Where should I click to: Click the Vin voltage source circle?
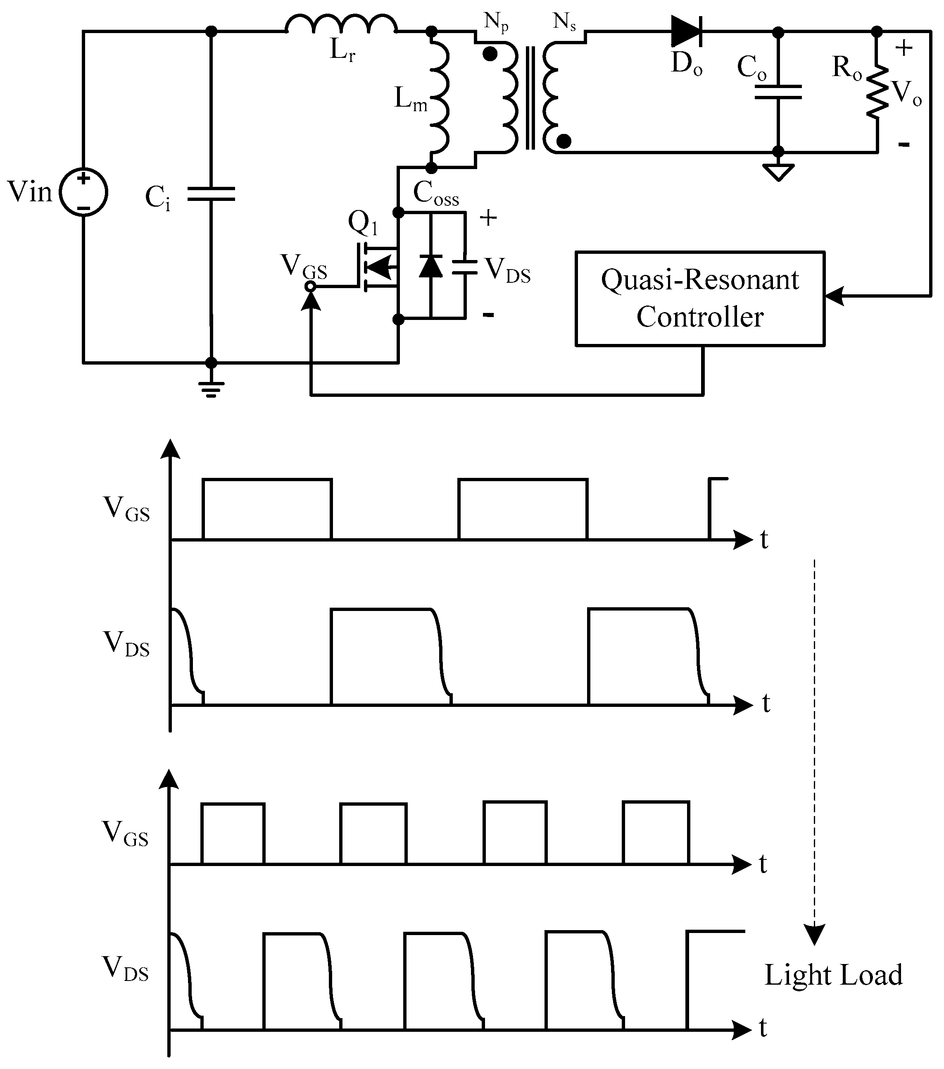pyautogui.click(x=83, y=193)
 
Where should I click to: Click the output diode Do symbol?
pyautogui.click(x=686, y=31)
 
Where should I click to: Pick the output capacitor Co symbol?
pyautogui.click(x=778, y=93)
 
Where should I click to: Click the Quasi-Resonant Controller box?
pyautogui.click(x=700, y=298)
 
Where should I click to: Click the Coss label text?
pyautogui.click(x=436, y=193)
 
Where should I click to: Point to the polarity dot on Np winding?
pyautogui.click(x=490, y=54)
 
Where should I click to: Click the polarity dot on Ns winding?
pyautogui.click(x=564, y=141)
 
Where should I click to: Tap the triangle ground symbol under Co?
pyautogui.click(x=778, y=171)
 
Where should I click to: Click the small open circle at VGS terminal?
pyautogui.click(x=311, y=286)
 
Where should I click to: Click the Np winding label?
pyautogui.click(x=495, y=22)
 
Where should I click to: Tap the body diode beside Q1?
pyautogui.click(x=431, y=266)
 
